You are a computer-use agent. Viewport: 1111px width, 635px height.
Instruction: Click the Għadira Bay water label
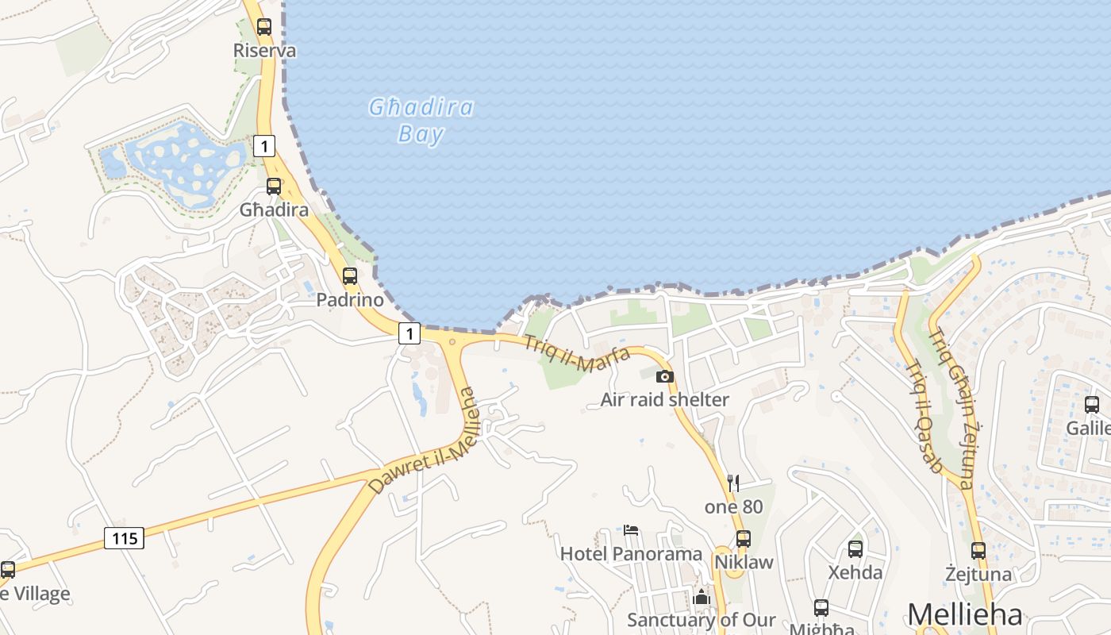tap(421, 121)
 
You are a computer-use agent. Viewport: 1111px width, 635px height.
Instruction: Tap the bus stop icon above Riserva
tap(264, 26)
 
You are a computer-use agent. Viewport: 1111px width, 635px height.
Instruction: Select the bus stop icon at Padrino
tap(350, 276)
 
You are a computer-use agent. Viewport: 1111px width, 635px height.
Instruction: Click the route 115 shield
tap(125, 538)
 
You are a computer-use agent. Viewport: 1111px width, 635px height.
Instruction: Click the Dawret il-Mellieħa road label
tap(425, 441)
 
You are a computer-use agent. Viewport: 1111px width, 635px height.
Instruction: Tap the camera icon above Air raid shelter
tap(665, 376)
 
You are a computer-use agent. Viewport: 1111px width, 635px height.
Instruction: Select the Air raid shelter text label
tap(664, 399)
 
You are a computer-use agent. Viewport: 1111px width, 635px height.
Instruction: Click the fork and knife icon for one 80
tap(733, 482)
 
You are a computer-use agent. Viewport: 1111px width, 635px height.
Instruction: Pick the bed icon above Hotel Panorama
tap(631, 529)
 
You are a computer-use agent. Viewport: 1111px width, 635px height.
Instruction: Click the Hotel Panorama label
tap(631, 554)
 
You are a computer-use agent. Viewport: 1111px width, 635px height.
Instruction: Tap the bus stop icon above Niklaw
tap(744, 539)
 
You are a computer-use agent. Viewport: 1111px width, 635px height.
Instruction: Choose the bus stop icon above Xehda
tap(855, 548)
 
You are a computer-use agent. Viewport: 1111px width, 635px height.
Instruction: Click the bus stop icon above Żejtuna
tap(978, 550)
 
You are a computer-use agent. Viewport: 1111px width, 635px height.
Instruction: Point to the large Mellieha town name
tap(964, 615)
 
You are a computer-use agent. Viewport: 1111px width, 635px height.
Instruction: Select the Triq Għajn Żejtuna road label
tap(950, 408)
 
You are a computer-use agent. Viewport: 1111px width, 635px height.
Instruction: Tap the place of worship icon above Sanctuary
tap(702, 597)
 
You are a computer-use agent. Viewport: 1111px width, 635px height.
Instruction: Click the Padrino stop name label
tap(350, 300)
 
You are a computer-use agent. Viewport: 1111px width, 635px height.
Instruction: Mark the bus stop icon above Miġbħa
tap(821, 608)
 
